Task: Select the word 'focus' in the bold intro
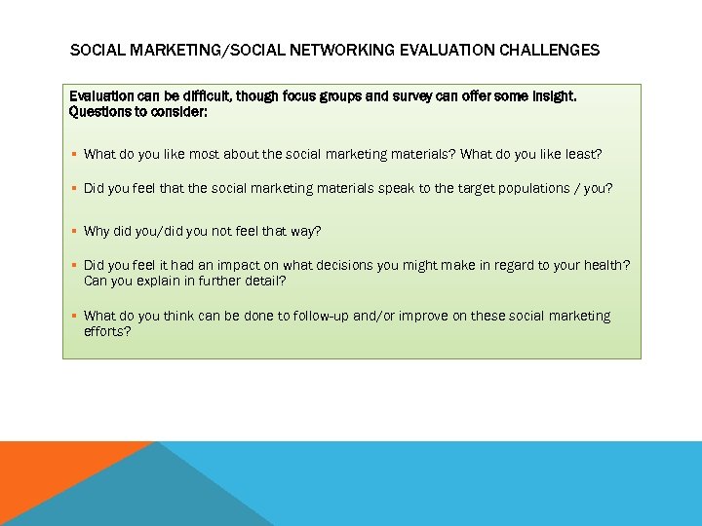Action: [306, 96]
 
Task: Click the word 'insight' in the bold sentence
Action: [551, 96]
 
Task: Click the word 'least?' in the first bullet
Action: [583, 154]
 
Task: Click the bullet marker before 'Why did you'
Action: [74, 231]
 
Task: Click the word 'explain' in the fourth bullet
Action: [169, 281]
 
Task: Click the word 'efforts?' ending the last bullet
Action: [107, 331]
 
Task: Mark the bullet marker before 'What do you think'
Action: [74, 316]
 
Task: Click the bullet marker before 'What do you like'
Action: [74, 154]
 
